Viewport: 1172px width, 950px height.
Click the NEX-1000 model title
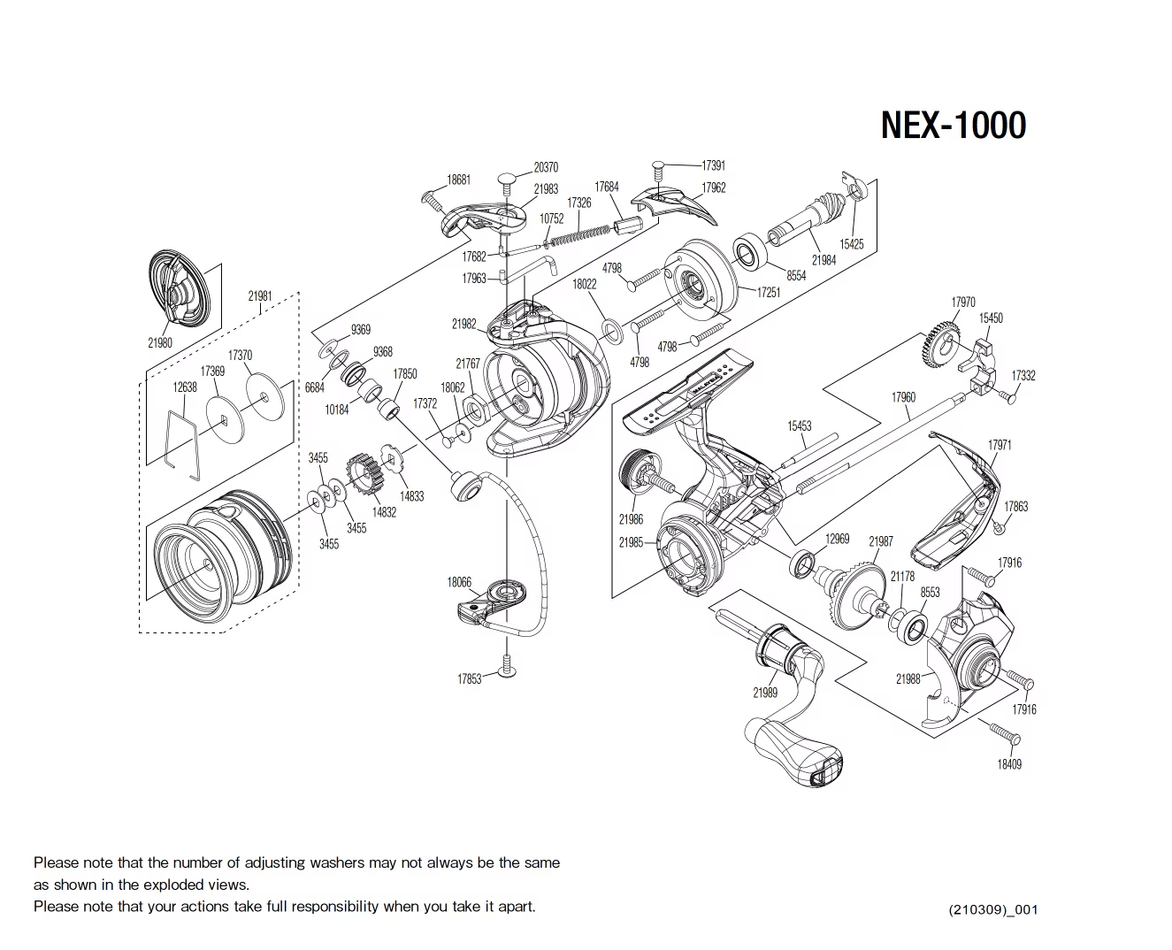click(x=953, y=125)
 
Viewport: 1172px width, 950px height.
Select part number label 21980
click(x=160, y=342)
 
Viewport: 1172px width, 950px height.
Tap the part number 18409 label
click(x=1009, y=764)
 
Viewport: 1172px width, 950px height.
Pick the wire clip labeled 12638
click(x=183, y=440)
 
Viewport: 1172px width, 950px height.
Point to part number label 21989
click(x=765, y=693)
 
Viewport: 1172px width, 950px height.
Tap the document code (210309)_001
click(x=992, y=909)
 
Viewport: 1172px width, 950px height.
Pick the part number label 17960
click(x=903, y=397)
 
